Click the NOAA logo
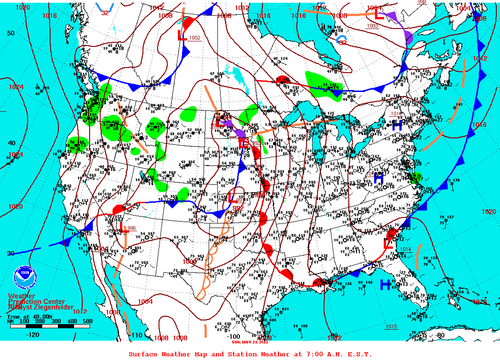coord(25,278)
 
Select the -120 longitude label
coord(33,335)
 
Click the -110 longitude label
coord(137,335)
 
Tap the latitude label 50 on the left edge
coord(11,33)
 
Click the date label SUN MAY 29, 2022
coord(251,342)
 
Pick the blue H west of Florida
coord(385,285)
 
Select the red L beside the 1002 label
coord(182,36)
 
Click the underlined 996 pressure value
coord(131,228)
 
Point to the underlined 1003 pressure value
coord(372,26)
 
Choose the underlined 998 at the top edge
coord(422,2)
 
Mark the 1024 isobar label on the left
coord(16,87)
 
